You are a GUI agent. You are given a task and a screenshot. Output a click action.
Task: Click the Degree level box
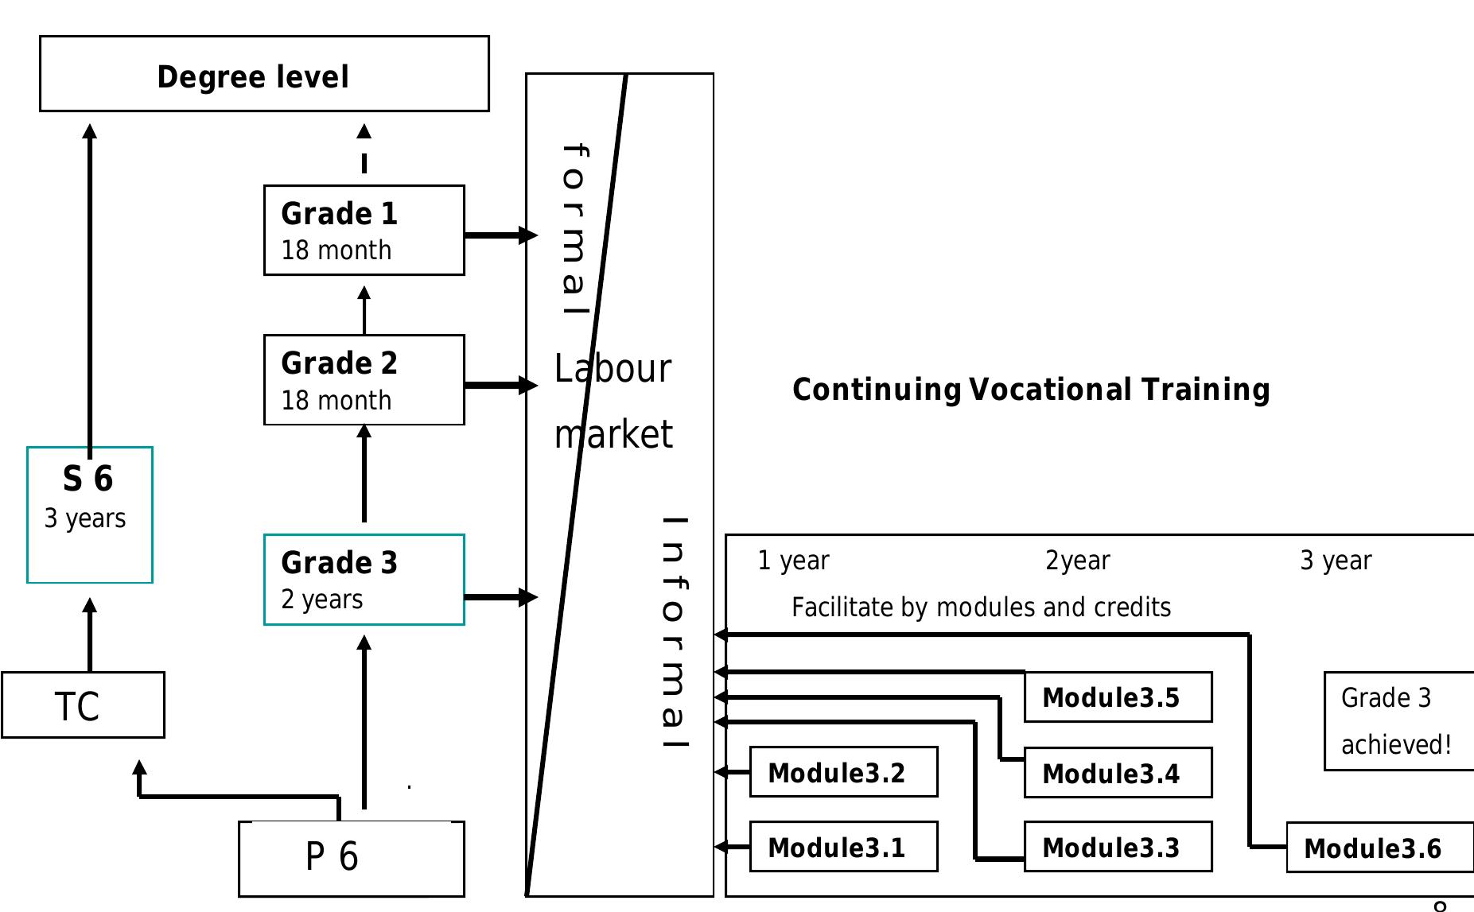click(x=264, y=74)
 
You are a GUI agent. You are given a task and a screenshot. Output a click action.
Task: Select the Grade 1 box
click(x=364, y=231)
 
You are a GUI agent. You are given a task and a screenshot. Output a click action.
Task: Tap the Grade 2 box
click(x=364, y=380)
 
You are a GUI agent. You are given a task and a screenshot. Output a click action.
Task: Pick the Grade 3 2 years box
click(x=364, y=580)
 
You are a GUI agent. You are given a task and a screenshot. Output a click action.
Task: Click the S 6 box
click(x=89, y=515)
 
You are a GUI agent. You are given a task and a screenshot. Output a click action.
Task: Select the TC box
click(x=83, y=705)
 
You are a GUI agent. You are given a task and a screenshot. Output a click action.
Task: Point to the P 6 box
click(x=351, y=859)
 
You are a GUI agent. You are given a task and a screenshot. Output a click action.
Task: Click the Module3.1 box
click(x=843, y=847)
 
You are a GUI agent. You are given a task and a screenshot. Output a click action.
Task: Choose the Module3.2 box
click(x=843, y=772)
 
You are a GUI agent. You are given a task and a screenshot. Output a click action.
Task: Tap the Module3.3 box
click(x=1118, y=847)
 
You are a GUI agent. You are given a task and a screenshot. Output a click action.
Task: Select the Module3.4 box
click(x=1118, y=773)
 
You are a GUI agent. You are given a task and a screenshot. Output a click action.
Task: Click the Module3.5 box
click(x=1118, y=697)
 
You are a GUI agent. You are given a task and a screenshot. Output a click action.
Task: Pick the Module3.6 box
click(x=1379, y=848)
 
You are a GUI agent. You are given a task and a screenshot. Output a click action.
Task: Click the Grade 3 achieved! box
click(x=1398, y=721)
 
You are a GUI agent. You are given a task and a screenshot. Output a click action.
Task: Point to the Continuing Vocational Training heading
click(x=1031, y=390)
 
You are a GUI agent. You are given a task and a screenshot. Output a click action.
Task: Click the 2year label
click(x=1077, y=561)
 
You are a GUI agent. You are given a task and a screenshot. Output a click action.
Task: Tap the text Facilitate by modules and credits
click(x=981, y=607)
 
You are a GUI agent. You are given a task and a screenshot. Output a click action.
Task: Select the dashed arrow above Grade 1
click(x=364, y=149)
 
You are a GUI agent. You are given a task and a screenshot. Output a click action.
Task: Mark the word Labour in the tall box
click(x=613, y=369)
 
